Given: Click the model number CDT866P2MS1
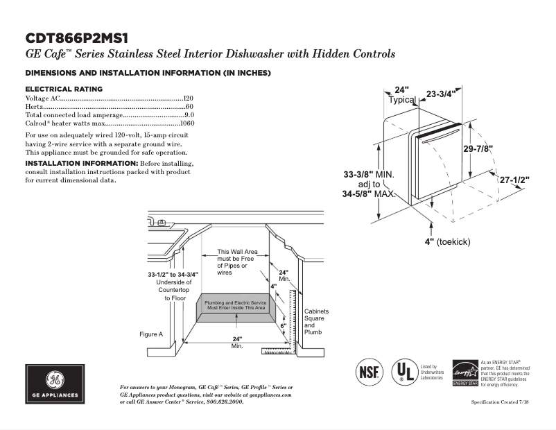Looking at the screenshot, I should point(77,37).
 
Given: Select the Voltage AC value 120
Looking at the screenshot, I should point(188,99).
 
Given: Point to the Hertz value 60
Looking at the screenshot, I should point(189,107).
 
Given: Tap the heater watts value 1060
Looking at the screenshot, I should point(186,123).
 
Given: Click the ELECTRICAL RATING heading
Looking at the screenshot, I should point(64,89).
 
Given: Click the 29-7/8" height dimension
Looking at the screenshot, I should point(478,148).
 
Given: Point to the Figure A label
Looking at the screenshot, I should point(151,334).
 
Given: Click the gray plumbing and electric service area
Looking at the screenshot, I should point(236,307).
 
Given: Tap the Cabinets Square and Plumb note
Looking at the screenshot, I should point(316,322).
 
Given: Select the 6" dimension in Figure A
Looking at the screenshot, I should point(283,325).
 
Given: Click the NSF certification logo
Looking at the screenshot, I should point(368,372).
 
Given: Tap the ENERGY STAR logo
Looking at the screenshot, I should point(464,373).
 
